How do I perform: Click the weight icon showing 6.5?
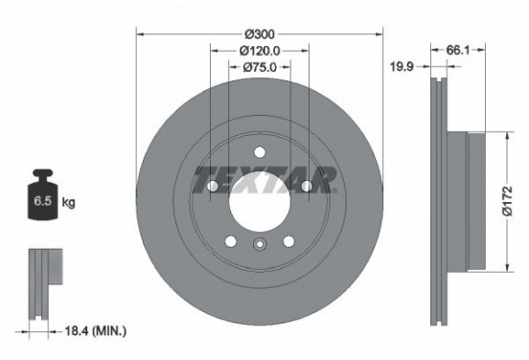42,200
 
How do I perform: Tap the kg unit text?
69,204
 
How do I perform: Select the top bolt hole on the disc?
259,150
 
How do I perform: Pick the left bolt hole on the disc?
213,187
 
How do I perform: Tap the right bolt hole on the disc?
306,187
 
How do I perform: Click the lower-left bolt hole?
231,240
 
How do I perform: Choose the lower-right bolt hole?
287,240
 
